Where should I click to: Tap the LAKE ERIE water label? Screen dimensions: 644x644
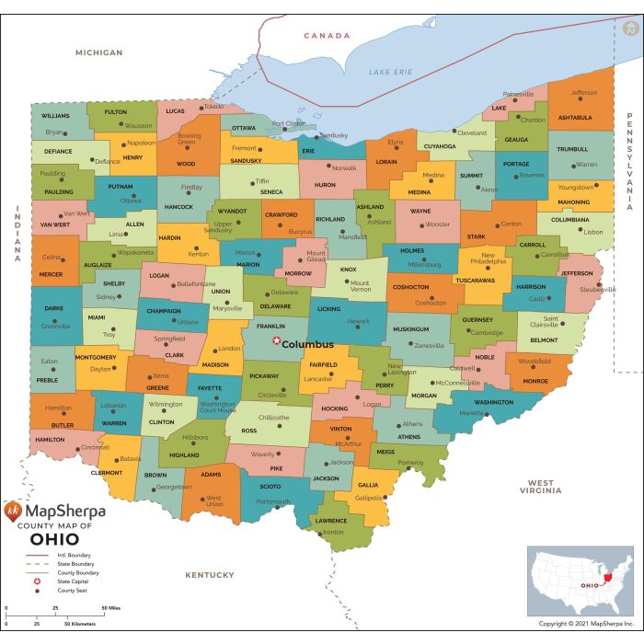[389, 72]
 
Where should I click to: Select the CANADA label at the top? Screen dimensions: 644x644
[328, 36]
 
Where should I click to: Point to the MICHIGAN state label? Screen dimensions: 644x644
[98, 52]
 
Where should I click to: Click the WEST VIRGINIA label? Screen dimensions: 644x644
[540, 487]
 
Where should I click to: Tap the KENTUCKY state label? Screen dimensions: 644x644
[210, 575]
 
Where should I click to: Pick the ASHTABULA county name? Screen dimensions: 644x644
[575, 117]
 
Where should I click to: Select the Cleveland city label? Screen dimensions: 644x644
[472, 132]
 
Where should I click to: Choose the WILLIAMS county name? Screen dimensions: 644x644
[55, 116]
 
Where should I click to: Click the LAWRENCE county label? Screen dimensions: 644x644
[330, 521]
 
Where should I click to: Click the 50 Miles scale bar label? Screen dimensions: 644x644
[110, 608]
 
